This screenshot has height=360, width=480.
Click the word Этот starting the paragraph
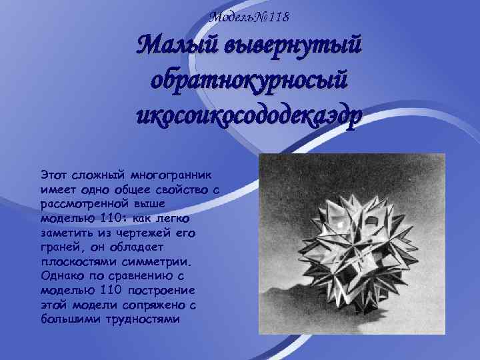tap(53, 175)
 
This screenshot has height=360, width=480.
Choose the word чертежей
tap(151, 232)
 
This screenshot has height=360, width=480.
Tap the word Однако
tap(61, 276)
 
